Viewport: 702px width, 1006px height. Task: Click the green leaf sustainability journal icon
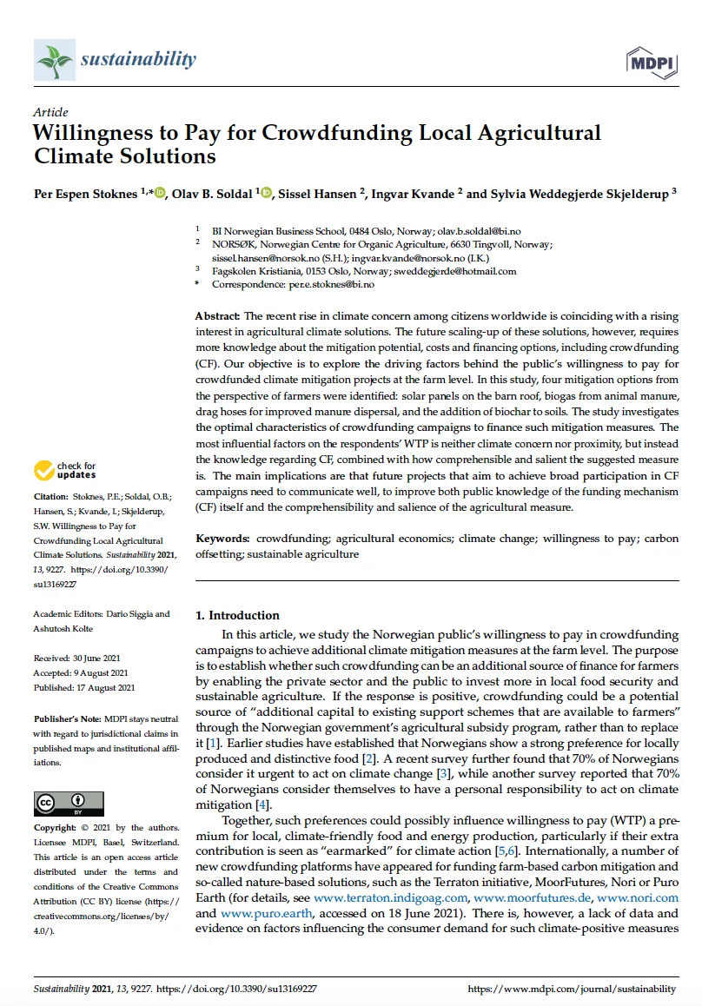pyautogui.click(x=53, y=61)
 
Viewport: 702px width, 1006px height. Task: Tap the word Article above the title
pyautogui.click(x=50, y=112)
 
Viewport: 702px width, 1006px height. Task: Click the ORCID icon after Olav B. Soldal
pyautogui.click(x=266, y=193)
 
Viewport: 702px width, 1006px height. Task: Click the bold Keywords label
pyautogui.click(x=222, y=539)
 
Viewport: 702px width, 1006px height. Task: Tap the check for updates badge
pyautogui.click(x=65, y=471)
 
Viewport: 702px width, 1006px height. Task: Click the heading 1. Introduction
pyautogui.click(x=237, y=615)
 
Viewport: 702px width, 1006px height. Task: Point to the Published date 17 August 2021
pyautogui.click(x=84, y=688)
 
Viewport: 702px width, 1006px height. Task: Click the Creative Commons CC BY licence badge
pyautogui.click(x=69, y=803)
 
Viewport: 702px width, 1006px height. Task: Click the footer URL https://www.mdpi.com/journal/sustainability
pyautogui.click(x=572, y=989)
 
